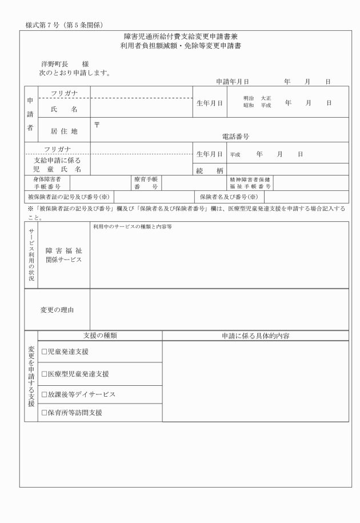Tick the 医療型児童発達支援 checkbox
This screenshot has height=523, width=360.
pos(44,374)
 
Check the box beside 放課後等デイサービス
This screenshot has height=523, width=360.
pos(44,394)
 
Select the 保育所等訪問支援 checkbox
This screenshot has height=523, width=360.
pos(44,412)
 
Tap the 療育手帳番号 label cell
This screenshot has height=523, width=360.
pos(145,182)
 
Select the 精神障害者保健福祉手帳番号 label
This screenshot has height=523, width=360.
pos(251,182)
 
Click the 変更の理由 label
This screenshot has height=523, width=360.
pos(57,310)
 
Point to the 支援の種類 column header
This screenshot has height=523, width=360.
pos(100,336)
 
